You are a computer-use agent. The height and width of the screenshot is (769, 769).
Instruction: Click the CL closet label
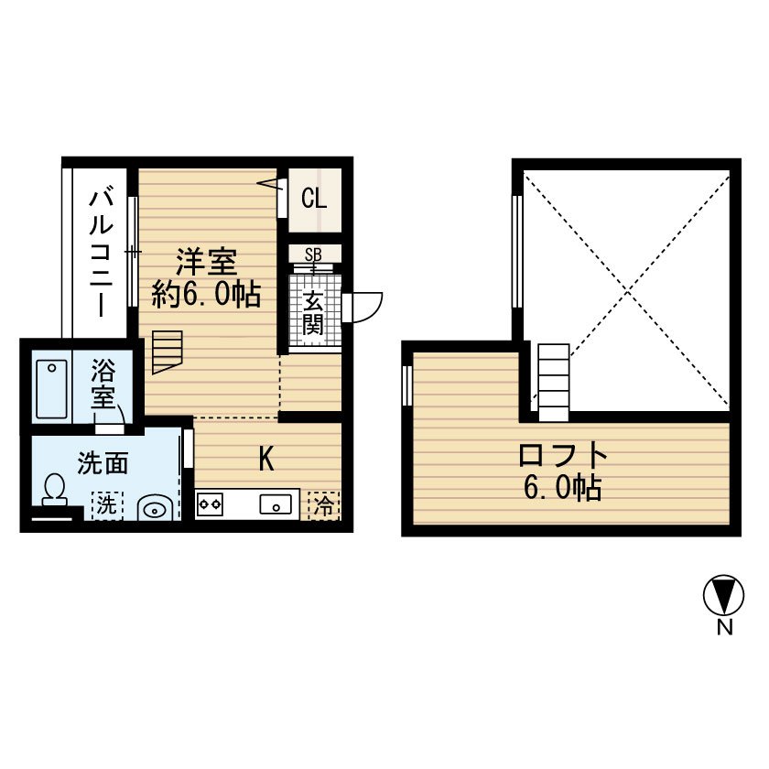click(313, 197)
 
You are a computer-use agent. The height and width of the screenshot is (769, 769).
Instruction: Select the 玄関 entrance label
click(313, 312)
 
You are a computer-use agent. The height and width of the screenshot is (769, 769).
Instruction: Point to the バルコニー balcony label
click(102, 252)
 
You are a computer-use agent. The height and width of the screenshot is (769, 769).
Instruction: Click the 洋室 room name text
click(207, 262)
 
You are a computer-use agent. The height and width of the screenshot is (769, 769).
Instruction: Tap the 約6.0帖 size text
click(207, 294)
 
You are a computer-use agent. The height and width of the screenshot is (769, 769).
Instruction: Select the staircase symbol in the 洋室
click(168, 352)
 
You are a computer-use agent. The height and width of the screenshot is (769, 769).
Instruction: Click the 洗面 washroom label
click(102, 463)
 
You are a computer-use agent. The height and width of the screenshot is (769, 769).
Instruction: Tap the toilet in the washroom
click(54, 489)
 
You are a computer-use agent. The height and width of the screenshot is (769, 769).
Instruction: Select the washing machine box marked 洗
click(105, 504)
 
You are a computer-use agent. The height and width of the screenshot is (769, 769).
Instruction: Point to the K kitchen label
click(265, 459)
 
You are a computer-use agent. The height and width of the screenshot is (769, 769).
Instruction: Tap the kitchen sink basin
click(276, 504)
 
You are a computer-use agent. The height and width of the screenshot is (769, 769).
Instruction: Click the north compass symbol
click(723, 596)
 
